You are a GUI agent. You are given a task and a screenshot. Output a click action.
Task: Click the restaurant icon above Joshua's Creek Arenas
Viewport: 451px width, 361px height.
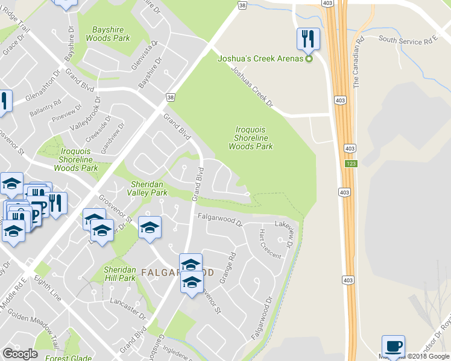click(308, 39)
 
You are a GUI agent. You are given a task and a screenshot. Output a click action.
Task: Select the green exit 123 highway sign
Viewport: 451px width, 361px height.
click(350, 164)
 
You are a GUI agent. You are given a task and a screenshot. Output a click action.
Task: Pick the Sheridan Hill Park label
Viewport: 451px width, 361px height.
click(119, 274)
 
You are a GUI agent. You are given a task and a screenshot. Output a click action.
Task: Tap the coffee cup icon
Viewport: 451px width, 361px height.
click(393, 345)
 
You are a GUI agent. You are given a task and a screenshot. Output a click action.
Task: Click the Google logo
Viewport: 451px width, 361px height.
click(20, 354)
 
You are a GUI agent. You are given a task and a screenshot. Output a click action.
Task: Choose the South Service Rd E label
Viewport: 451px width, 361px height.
click(407, 40)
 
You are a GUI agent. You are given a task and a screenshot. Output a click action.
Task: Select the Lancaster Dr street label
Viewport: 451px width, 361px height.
click(128, 307)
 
